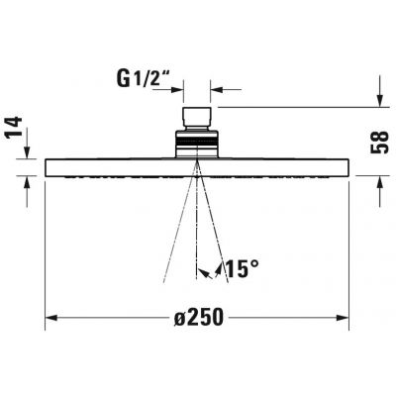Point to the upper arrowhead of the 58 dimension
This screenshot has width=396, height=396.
click(380, 97)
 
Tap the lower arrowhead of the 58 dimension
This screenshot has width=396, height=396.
click(380, 180)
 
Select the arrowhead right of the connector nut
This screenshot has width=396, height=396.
click(217, 96)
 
